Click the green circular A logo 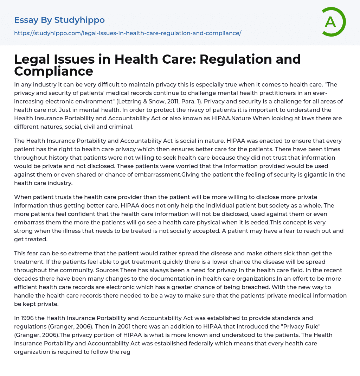(333, 22)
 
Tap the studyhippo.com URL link (128, 33)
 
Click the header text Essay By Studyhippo (59, 20)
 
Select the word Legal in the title (33, 59)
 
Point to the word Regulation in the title (237, 59)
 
